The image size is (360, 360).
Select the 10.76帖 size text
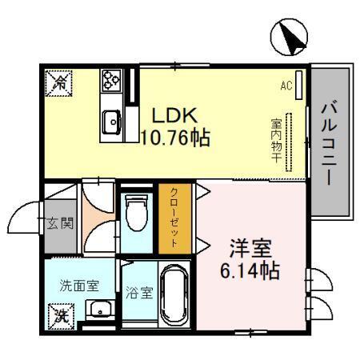point(175,137)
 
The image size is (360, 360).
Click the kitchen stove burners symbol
point(110,80)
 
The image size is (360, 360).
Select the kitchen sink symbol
point(110,122)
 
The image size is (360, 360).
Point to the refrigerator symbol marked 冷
point(59,81)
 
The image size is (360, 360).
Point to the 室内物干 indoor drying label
point(274,142)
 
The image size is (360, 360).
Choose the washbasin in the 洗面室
point(99,308)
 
